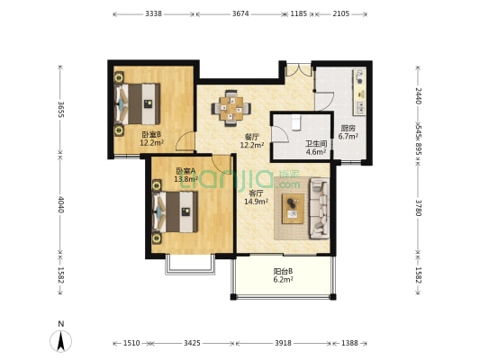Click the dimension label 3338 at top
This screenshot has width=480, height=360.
[x=153, y=13]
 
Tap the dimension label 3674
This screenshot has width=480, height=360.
[x=240, y=13]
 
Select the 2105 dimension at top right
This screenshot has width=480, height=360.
[x=340, y=13]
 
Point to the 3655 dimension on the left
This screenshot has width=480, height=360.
[x=60, y=109]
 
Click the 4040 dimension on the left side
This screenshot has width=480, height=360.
[x=60, y=204]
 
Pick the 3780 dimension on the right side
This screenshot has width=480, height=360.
[x=419, y=208]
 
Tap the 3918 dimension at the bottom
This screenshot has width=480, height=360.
[x=283, y=343]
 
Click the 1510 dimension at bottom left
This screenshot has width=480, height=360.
[x=131, y=343]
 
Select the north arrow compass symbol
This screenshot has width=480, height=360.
[x=61, y=340]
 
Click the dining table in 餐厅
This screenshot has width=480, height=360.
[x=231, y=108]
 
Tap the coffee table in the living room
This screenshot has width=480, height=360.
[x=293, y=208]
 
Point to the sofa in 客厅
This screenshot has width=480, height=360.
[x=320, y=208]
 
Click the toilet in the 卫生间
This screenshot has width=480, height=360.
[x=295, y=122]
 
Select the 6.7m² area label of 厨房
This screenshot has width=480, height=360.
[x=348, y=137]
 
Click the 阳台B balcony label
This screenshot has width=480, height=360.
[x=283, y=271]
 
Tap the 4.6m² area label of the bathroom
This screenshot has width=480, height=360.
[x=316, y=152]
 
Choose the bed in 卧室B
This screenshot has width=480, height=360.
[x=138, y=103]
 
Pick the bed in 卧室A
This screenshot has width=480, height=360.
[x=175, y=211]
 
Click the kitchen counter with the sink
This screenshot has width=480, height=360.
[x=359, y=92]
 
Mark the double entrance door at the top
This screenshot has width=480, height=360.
[x=299, y=70]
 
